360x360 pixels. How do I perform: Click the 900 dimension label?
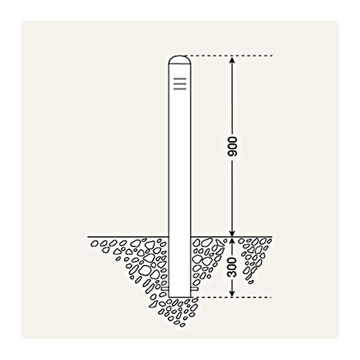[232, 147]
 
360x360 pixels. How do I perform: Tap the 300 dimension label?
[232, 267]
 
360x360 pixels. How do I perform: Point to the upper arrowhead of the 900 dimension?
[232, 60]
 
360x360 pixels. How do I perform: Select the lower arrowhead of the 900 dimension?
[232, 233]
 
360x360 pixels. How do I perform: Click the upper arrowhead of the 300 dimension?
[232, 241]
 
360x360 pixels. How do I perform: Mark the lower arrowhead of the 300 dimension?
[232, 294]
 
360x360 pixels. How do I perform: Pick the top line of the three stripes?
[180, 78]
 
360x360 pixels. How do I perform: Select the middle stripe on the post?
[180, 84]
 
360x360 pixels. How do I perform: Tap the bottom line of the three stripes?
[180, 89]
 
